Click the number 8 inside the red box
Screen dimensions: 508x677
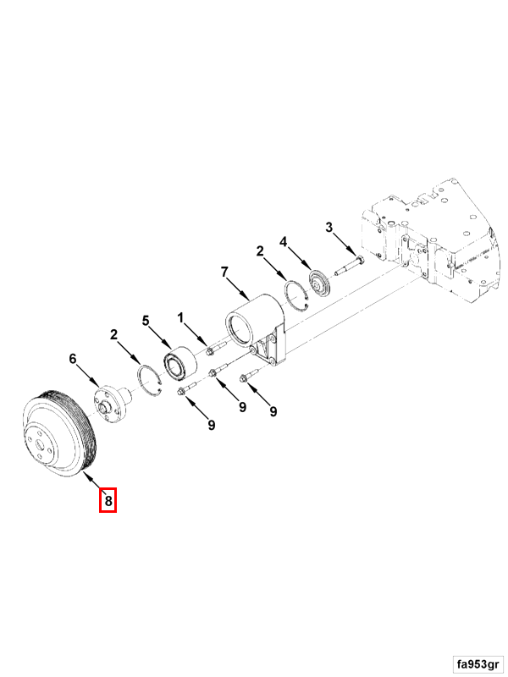click(108, 500)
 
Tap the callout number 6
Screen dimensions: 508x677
click(73, 358)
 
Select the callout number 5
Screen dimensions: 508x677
click(146, 321)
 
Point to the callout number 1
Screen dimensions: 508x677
click(180, 317)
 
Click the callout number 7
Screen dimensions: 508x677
click(224, 272)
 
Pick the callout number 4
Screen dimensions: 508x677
click(283, 242)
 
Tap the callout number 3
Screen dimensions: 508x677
click(329, 227)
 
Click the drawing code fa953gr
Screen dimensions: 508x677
click(478, 663)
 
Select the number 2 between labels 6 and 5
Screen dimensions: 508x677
click(113, 334)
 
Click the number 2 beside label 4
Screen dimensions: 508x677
click(260, 250)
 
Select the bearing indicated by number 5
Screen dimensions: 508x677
click(179, 365)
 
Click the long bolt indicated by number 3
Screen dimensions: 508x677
click(350, 267)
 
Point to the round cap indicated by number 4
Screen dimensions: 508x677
click(320, 284)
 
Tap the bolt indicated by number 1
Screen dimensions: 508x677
click(215, 348)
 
